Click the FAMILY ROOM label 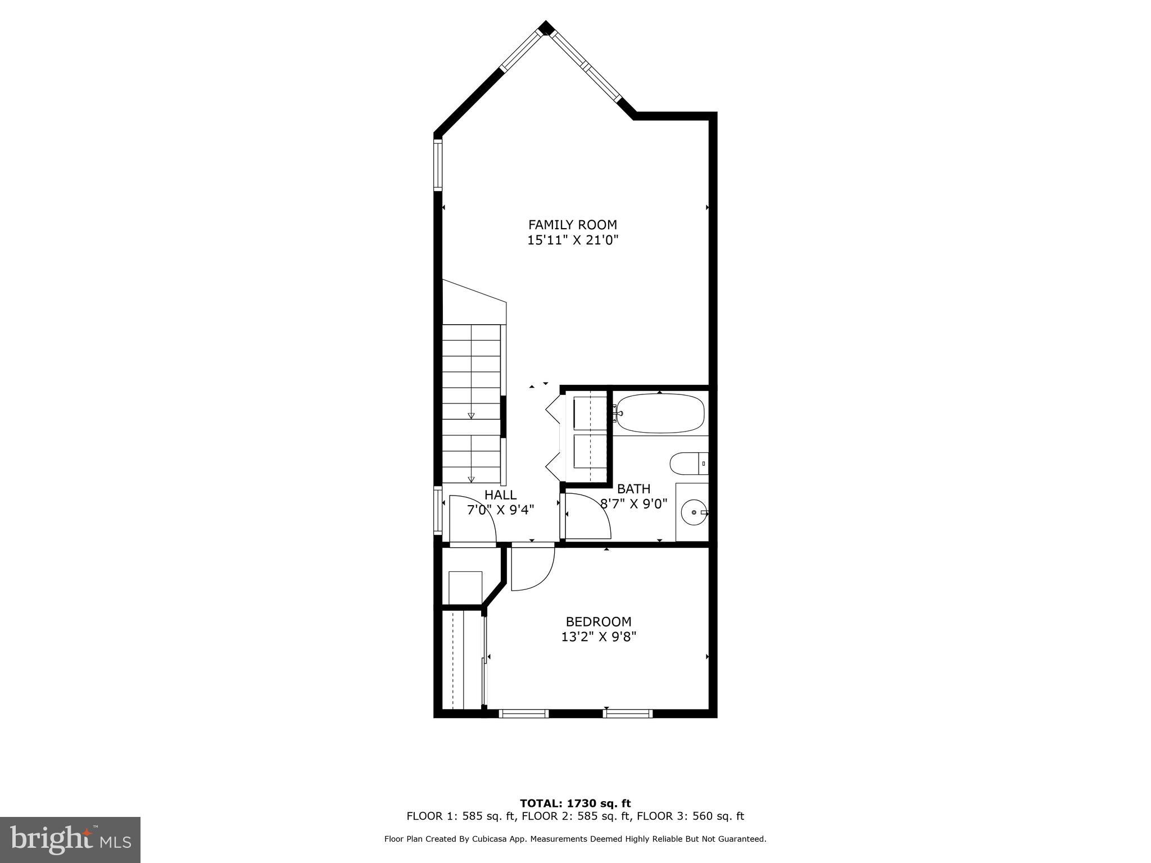point(572,225)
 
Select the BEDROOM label point(598,622)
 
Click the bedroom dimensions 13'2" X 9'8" point(598,637)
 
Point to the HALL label point(500,495)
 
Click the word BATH point(633,489)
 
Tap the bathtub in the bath point(659,413)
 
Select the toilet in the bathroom point(687,464)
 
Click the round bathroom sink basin point(694,512)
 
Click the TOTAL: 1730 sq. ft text point(575,803)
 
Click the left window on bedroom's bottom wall point(523,714)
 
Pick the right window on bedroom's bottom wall point(628,714)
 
